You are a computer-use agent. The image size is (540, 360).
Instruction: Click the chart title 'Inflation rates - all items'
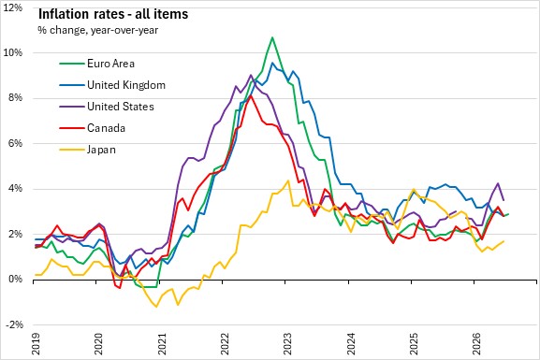(113, 14)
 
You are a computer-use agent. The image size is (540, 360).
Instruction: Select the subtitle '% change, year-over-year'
(98, 30)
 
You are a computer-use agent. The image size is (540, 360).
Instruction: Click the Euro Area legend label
(110, 64)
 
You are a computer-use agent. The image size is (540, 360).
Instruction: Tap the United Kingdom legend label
(126, 85)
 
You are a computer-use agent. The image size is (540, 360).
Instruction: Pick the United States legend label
(121, 107)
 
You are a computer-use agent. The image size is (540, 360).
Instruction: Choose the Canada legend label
(106, 128)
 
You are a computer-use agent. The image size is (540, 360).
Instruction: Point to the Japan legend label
(101, 150)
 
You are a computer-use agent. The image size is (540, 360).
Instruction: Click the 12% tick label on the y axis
(13, 7)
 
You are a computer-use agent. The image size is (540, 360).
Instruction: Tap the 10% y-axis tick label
(13, 52)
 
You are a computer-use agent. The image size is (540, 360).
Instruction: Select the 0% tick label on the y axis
(16, 279)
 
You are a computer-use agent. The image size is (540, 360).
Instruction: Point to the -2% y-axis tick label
(14, 324)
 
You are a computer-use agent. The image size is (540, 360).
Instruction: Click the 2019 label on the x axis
(36, 343)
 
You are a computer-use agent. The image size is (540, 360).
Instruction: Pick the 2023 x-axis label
(287, 343)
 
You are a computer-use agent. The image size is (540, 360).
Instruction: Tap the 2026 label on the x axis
(476, 343)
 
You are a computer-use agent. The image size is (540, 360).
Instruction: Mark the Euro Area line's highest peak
(272, 37)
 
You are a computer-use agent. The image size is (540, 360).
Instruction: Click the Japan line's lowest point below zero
(156, 307)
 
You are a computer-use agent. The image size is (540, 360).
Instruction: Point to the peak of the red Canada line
(251, 95)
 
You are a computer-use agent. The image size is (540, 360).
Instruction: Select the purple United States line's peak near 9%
(251, 75)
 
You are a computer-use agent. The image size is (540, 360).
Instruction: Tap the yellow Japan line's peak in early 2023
(288, 180)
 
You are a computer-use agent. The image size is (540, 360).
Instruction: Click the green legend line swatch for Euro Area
(72, 64)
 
